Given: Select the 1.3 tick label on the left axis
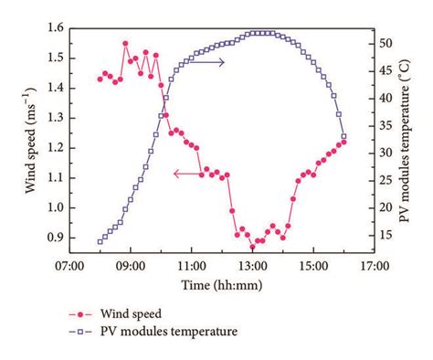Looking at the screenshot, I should [53, 118].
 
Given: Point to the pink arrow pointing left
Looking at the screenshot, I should [187, 172].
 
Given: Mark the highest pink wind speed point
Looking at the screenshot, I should [125, 43].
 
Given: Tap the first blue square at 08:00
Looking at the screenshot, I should [100, 241].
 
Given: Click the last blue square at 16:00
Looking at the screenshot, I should [343, 136].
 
